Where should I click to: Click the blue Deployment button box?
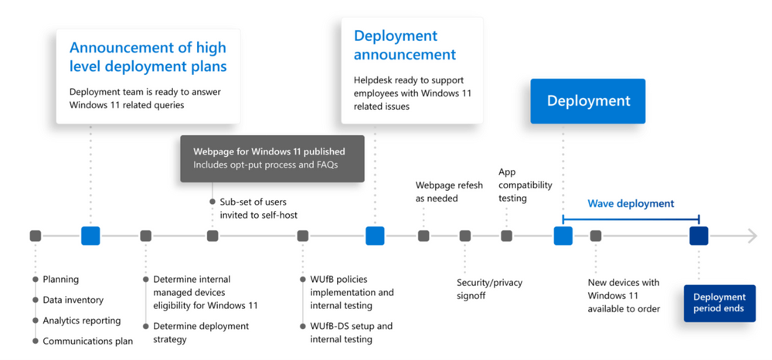[x=587, y=101]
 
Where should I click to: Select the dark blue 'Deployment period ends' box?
[x=719, y=303]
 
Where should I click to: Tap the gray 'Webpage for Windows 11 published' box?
[x=272, y=158]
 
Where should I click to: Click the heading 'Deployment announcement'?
[x=405, y=46]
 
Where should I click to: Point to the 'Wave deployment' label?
[x=631, y=204]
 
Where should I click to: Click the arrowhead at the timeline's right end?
[x=752, y=236]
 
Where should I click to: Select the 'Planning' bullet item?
[x=60, y=279]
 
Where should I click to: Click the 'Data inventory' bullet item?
[x=73, y=300]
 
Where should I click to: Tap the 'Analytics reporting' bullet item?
[x=81, y=321]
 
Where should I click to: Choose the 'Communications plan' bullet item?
[x=87, y=341]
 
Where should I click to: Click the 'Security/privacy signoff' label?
[x=489, y=289]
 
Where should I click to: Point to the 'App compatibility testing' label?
[x=525, y=185]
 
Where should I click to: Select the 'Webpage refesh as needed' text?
[x=449, y=192]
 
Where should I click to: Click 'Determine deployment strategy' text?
[x=201, y=332]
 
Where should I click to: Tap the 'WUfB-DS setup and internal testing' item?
[x=351, y=332]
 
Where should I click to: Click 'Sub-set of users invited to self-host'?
[x=258, y=208]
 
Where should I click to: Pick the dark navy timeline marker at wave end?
[x=699, y=236]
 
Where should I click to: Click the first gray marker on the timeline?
[x=36, y=236]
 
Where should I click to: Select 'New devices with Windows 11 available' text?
[x=624, y=296]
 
